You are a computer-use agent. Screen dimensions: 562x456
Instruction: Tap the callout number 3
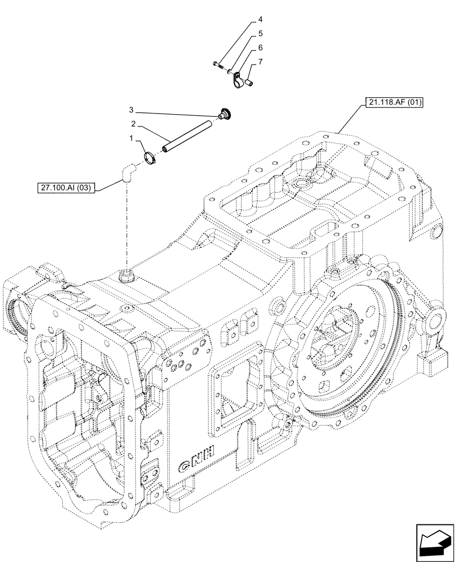pos(130,109)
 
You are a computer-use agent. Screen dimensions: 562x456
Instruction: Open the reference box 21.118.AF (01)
pos(396,102)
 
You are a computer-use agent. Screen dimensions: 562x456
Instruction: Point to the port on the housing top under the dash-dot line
pos(127,275)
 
